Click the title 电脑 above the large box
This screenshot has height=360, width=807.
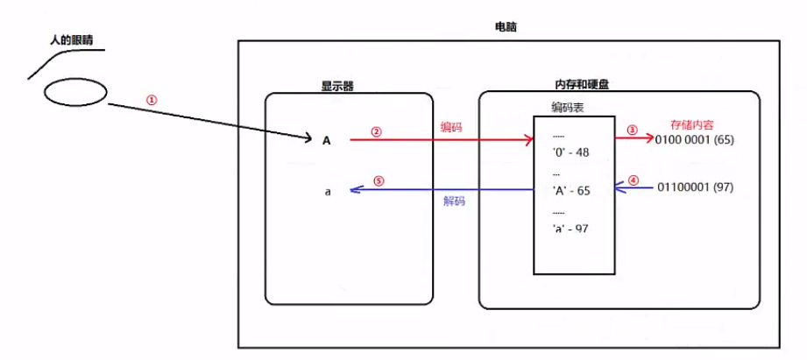point(506,27)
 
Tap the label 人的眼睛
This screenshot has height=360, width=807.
point(72,40)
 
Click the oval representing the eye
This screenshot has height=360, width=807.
point(76,92)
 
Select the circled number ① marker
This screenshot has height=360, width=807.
point(151,100)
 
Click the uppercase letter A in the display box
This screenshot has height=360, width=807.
point(327,139)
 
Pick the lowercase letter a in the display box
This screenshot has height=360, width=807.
point(327,190)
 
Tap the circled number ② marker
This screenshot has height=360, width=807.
point(376,132)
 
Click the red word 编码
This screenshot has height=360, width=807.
point(451,127)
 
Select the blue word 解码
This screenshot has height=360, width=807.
point(454,201)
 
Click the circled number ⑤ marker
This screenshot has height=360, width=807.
point(378,181)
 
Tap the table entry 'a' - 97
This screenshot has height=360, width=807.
point(571,228)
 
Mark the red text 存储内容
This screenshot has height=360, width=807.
point(691,125)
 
